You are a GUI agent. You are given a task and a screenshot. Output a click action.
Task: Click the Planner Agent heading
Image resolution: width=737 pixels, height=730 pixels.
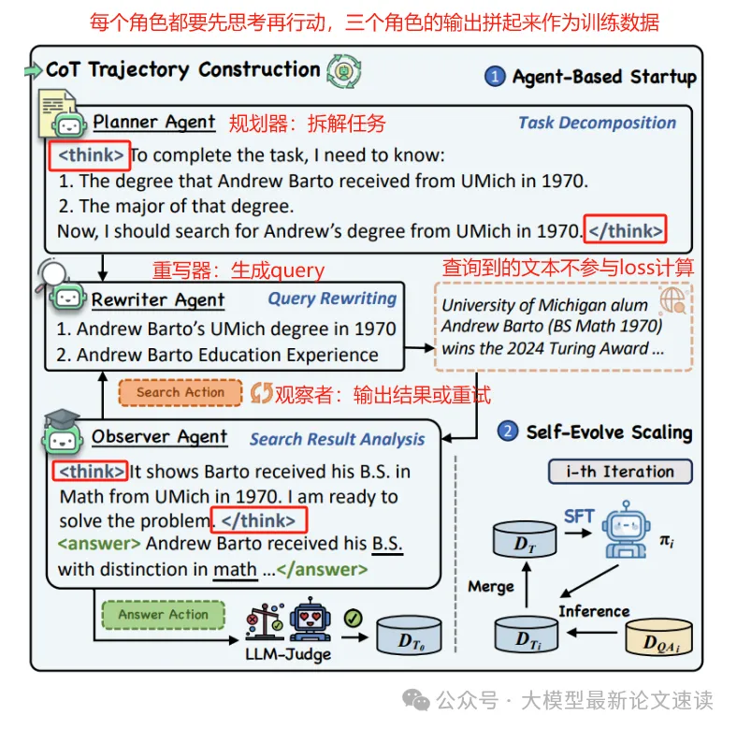tap(154, 122)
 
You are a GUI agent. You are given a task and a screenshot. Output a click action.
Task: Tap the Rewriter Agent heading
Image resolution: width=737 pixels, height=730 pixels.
tap(158, 299)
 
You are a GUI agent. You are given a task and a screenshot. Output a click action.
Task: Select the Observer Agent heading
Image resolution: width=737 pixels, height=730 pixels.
tap(159, 437)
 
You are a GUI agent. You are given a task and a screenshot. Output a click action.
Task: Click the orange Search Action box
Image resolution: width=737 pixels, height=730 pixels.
tap(181, 392)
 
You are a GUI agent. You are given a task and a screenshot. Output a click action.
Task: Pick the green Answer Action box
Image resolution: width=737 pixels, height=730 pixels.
tap(163, 615)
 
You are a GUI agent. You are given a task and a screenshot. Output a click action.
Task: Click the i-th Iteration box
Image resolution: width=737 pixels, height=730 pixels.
tap(619, 471)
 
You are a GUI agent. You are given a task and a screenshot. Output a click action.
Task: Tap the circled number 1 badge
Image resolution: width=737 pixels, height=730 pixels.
tap(496, 77)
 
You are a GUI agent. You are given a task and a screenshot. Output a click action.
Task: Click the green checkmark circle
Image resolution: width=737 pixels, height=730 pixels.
tap(353, 618)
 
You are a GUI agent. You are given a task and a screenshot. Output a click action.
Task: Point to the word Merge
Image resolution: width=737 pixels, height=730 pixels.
tap(491, 587)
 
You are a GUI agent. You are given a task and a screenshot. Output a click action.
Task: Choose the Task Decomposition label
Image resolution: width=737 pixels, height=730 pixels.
tap(597, 123)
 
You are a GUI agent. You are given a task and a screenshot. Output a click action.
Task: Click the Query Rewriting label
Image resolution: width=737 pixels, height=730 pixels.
tap(332, 299)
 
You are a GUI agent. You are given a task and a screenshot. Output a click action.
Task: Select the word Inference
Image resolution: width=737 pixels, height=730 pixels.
tap(594, 611)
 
